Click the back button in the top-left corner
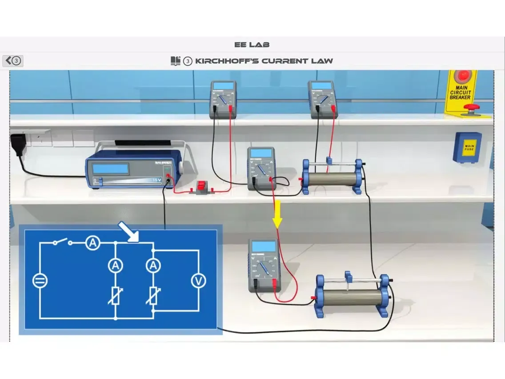(13, 60)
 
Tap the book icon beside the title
(176, 61)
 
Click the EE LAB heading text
(252, 44)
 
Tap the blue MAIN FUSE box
(467, 147)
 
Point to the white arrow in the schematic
(128, 232)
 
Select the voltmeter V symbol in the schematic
(198, 281)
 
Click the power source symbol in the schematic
(40, 281)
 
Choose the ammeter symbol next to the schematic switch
(92, 243)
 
